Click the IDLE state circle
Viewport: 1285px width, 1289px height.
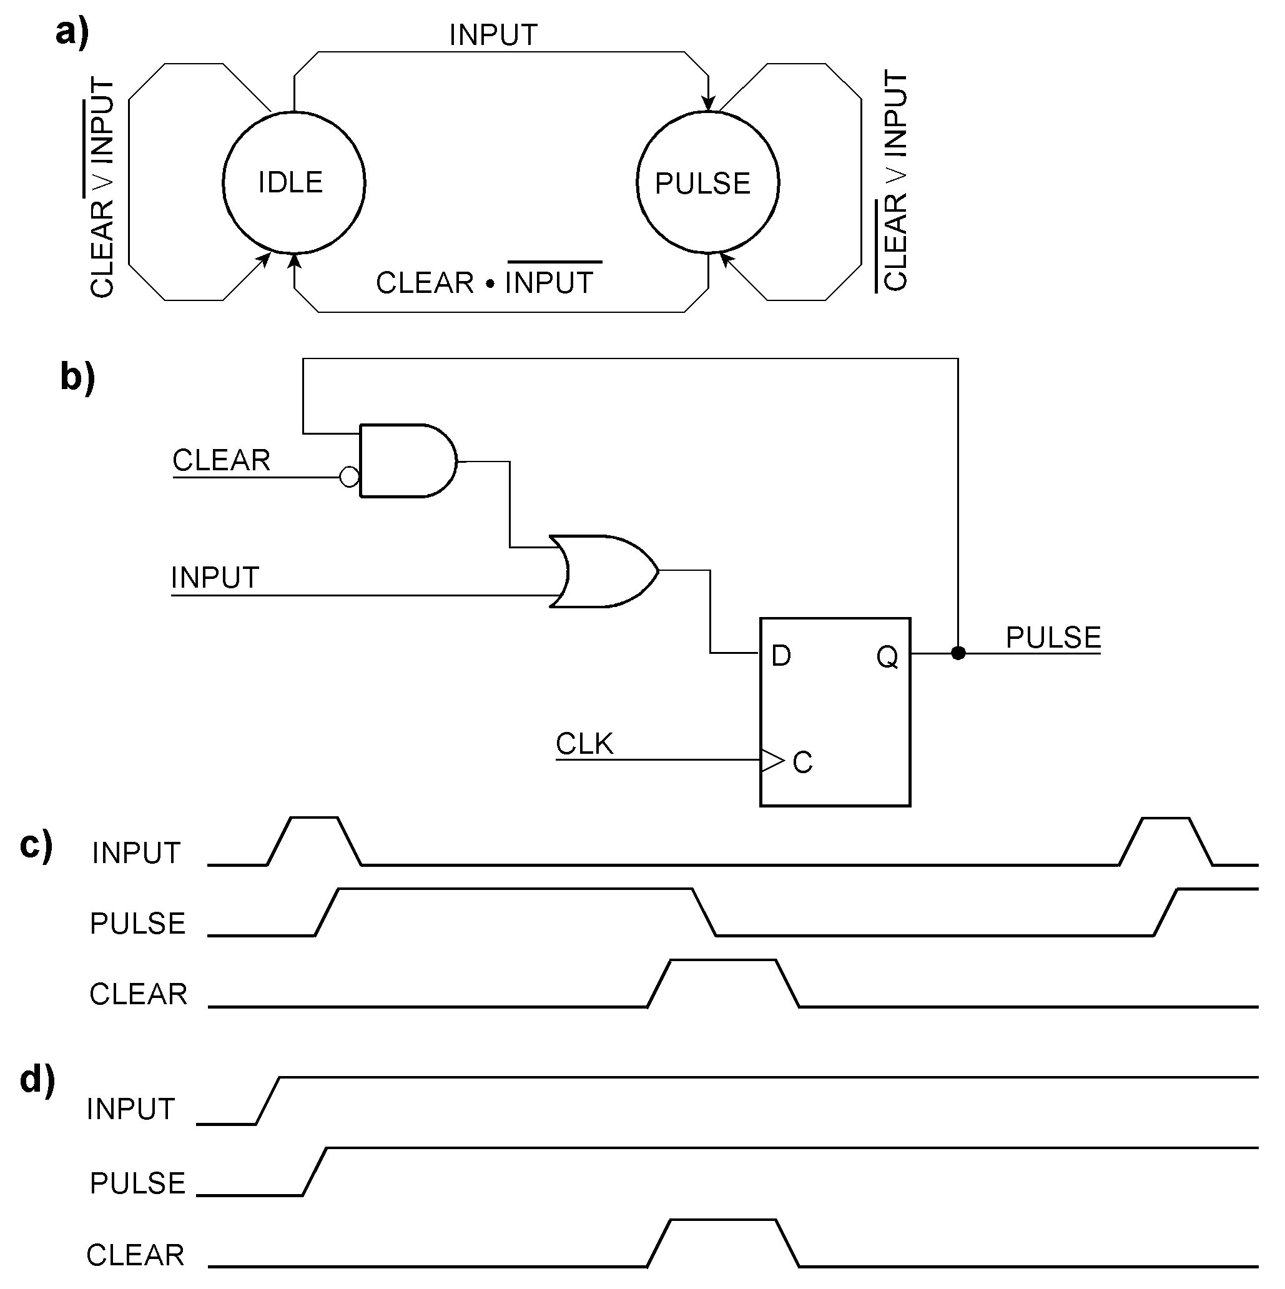[x=293, y=183]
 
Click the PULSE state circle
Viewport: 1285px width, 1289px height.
[x=707, y=183]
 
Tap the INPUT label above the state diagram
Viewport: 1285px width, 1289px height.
[x=493, y=36]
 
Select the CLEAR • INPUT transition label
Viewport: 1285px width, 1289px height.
[x=485, y=282]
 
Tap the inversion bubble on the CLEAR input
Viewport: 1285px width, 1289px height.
[x=350, y=477]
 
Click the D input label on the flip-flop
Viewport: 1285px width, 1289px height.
[x=780, y=656]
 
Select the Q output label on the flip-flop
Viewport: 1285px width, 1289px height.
[x=887, y=657]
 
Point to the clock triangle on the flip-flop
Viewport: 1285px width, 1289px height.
[x=772, y=760]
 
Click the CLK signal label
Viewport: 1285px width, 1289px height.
[x=584, y=744]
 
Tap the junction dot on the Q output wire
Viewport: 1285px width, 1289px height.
[x=958, y=653]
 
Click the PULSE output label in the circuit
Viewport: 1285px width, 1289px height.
[x=1053, y=637]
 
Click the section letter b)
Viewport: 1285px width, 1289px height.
[x=77, y=377]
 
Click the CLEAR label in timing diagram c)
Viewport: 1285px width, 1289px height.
[x=138, y=994]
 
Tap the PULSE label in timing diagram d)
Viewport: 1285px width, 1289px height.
[x=137, y=1183]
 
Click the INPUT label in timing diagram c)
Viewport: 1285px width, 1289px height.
[x=136, y=852]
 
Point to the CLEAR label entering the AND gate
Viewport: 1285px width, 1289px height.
[x=221, y=460]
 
